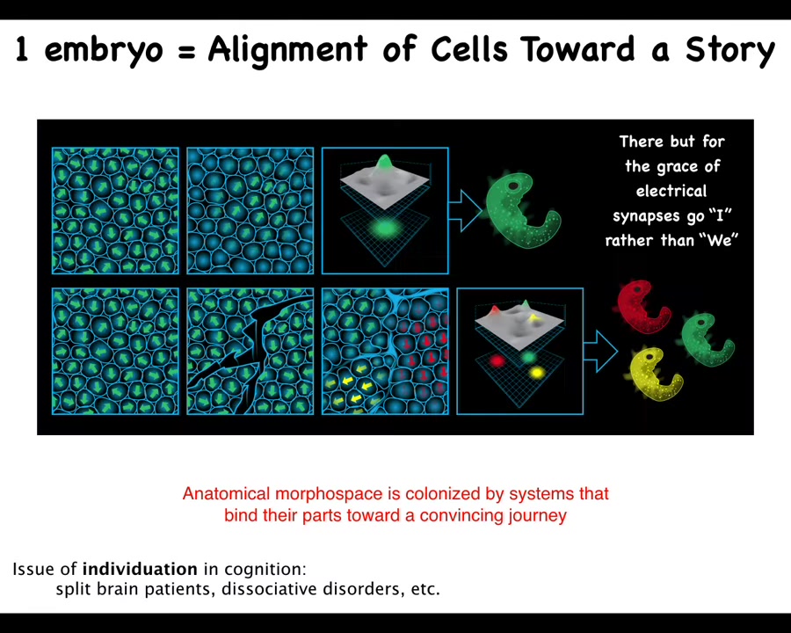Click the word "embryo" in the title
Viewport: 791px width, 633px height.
click(x=104, y=50)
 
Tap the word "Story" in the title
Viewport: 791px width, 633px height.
click(x=729, y=50)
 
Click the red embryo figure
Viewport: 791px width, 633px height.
click(x=643, y=307)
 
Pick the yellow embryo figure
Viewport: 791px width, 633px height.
click(x=654, y=375)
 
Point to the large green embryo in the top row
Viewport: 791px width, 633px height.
click(x=522, y=210)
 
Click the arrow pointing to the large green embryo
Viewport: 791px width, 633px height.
click(x=466, y=210)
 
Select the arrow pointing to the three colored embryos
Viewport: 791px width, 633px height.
click(x=601, y=351)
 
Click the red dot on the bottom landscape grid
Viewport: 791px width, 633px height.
click(x=497, y=361)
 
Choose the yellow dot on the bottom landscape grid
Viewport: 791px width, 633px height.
click(x=537, y=373)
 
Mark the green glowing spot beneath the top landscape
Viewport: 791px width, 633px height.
click(x=386, y=229)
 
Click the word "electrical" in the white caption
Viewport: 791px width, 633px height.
click(x=671, y=191)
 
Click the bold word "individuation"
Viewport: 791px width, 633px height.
click(x=140, y=569)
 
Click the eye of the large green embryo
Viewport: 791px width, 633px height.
click(x=513, y=186)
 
